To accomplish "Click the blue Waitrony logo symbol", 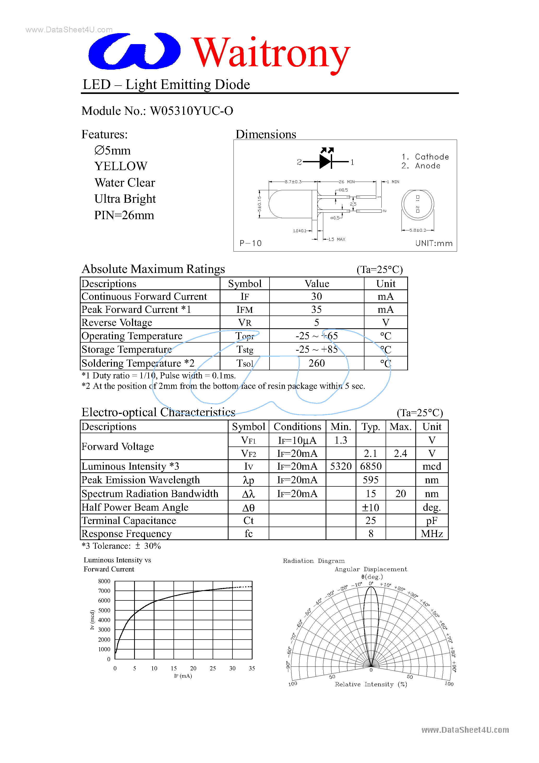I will point(134,51).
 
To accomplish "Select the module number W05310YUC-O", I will point(191,111).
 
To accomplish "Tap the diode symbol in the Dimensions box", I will point(326,162).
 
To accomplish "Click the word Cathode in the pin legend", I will point(432,157).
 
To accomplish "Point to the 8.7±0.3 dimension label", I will point(293,182).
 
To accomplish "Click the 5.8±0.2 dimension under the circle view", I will point(417,230).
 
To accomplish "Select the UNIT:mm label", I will point(434,243).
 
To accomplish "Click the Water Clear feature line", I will point(125,182).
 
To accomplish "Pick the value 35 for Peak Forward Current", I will point(316,309).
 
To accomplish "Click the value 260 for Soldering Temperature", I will point(316,363).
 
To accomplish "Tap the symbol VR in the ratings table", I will point(244,323).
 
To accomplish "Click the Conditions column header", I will point(297,427).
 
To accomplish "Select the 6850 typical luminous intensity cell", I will point(370,466).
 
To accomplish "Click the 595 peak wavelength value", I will point(370,480).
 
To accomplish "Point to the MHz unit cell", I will point(432,534).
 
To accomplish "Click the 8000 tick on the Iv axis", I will point(104,581).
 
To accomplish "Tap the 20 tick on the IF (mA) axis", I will point(193,668).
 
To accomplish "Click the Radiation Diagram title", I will point(313,561).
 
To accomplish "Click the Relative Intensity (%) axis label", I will point(370,684).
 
